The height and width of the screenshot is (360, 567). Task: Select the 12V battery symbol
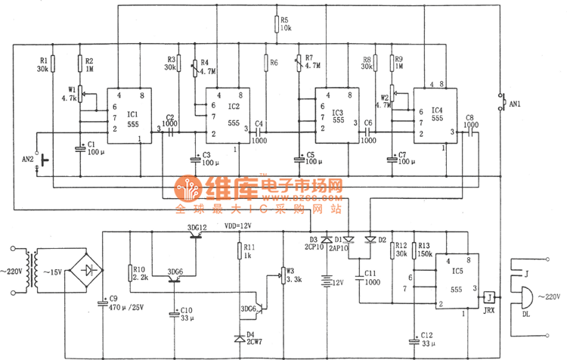click(327, 281)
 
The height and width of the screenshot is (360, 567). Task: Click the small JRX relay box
click(491, 296)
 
